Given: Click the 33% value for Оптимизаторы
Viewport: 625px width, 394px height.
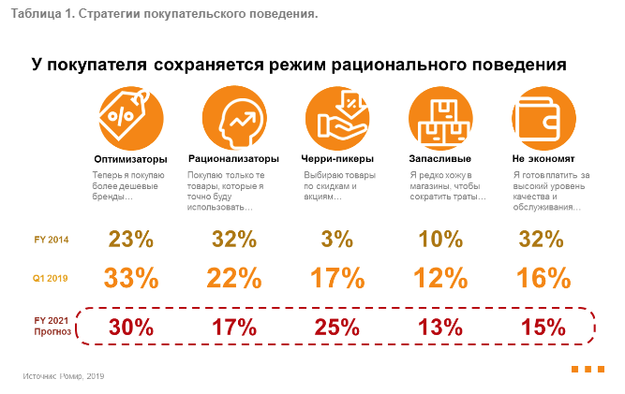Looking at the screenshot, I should [x=130, y=278].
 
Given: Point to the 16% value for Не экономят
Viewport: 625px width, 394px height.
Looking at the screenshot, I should [x=543, y=278].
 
